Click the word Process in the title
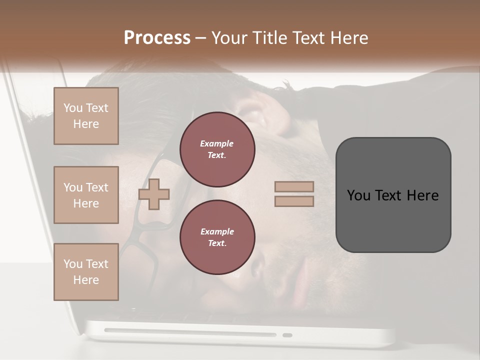[x=157, y=38]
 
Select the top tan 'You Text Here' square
[x=86, y=116]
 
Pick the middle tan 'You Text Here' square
[x=86, y=195]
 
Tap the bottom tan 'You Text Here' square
[x=86, y=272]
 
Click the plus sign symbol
[x=154, y=194]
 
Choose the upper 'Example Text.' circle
[x=217, y=149]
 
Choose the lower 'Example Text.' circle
[x=217, y=237]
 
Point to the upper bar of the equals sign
[x=294, y=186]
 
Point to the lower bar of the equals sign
[x=294, y=201]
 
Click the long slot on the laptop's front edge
[x=190, y=332]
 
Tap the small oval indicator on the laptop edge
[x=287, y=335]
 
